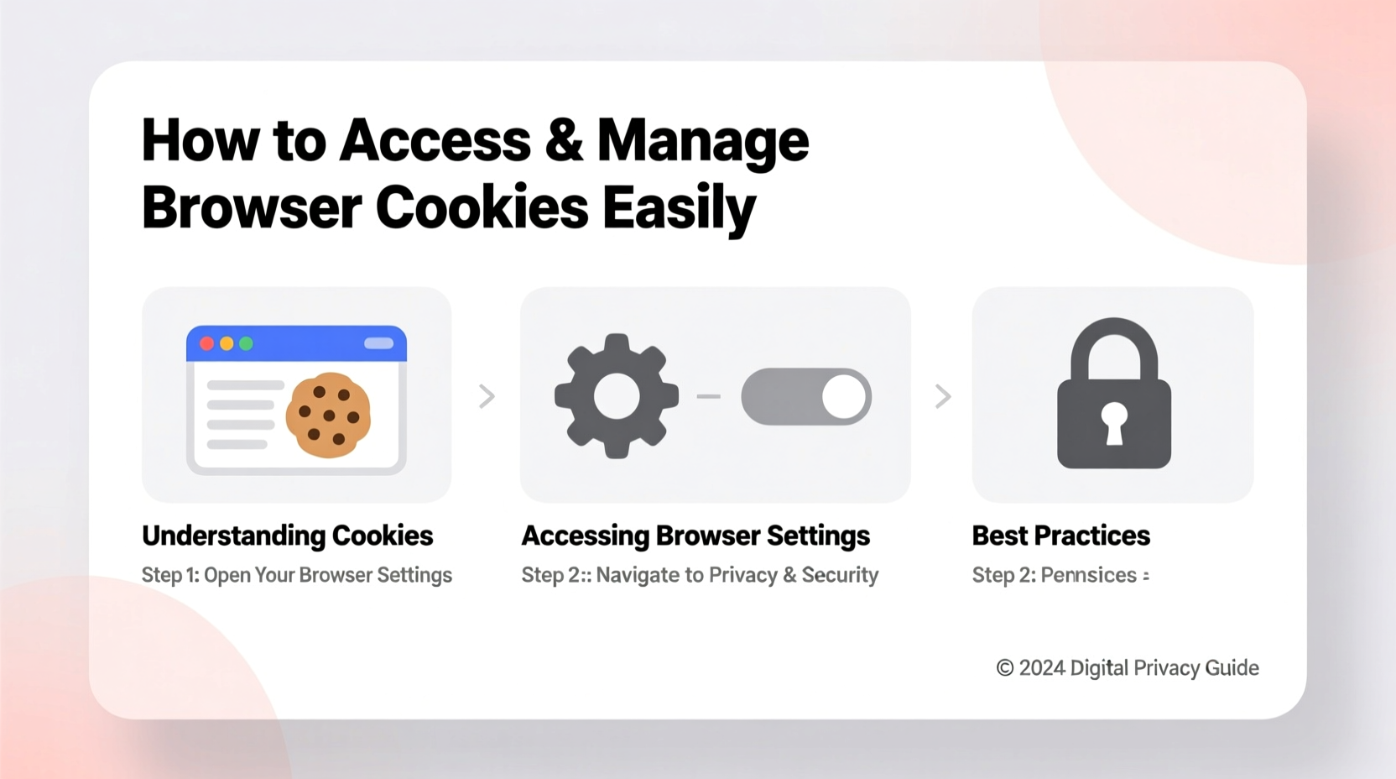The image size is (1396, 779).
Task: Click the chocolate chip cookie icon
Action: [x=328, y=415]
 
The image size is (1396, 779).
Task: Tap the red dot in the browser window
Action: [x=206, y=343]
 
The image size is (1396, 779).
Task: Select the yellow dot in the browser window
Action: [x=227, y=343]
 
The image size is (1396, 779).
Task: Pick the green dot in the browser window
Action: [x=246, y=343]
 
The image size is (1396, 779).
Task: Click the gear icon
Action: [x=617, y=396]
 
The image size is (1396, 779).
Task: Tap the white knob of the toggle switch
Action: [x=843, y=396]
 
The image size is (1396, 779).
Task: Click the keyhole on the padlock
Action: [x=1114, y=422]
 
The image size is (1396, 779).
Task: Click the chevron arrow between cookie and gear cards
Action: [x=487, y=396]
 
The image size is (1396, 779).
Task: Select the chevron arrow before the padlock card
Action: [x=943, y=396]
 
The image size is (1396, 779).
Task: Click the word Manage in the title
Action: [x=702, y=140]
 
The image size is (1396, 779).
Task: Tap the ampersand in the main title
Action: [x=563, y=140]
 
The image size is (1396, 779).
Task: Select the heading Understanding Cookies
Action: [x=287, y=536]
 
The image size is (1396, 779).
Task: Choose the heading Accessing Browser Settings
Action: [x=695, y=536]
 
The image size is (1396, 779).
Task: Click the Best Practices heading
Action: [x=1060, y=536]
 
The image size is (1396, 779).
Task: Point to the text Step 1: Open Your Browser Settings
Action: [x=296, y=575]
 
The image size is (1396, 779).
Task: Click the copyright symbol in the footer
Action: [x=1004, y=668]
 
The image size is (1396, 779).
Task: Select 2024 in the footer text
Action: [x=1042, y=668]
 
